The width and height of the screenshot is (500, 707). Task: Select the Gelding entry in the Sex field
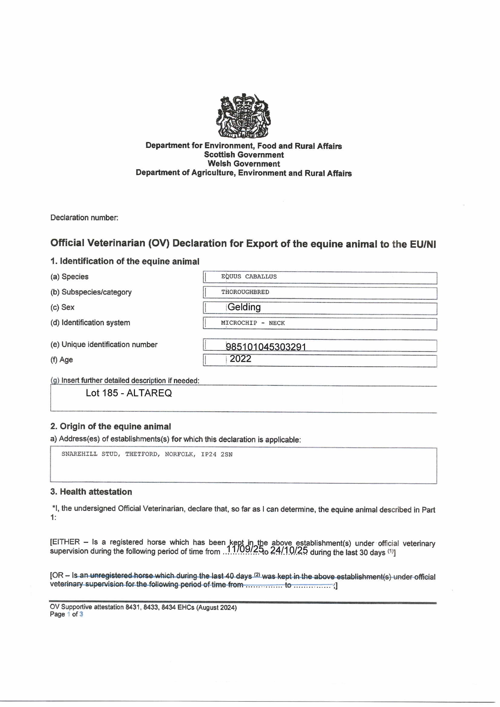pyautogui.click(x=244, y=307)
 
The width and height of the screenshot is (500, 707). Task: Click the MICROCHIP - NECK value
pyautogui.click(x=252, y=323)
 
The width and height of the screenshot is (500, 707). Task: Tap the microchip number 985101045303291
pyautogui.click(x=266, y=347)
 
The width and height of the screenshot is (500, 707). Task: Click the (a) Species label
pyautogui.click(x=69, y=277)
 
